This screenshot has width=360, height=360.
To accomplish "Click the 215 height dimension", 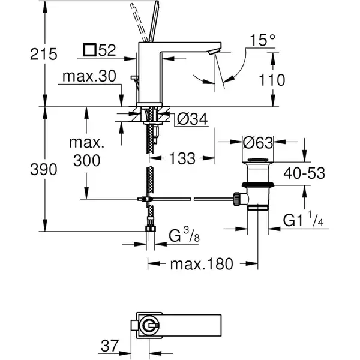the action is (44, 55).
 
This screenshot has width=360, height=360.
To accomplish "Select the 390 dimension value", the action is (44, 170).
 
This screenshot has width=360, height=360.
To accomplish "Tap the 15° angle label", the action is (262, 40).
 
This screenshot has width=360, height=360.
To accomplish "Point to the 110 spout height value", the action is (272, 80).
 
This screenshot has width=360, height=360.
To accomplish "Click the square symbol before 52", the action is (90, 50).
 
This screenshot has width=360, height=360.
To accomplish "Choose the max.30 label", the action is (89, 76).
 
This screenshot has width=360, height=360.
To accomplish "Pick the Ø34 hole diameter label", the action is (193, 119).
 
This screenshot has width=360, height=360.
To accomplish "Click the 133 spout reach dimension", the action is (182, 158).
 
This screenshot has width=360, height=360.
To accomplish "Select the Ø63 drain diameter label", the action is (258, 143).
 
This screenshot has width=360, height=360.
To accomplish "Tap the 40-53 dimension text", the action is (304, 173).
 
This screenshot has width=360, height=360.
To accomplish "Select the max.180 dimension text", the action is (202, 264).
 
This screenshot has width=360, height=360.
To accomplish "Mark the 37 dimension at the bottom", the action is (109, 346).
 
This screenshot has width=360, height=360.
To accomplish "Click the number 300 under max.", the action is (87, 160).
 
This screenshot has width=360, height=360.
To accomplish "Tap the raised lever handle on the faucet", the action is (154, 22).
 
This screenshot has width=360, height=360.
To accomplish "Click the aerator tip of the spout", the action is (214, 52).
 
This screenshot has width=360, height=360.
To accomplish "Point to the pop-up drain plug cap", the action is (257, 160).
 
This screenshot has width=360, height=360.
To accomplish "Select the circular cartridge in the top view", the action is (149, 325).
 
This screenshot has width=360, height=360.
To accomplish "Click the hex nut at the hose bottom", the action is (151, 229).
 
